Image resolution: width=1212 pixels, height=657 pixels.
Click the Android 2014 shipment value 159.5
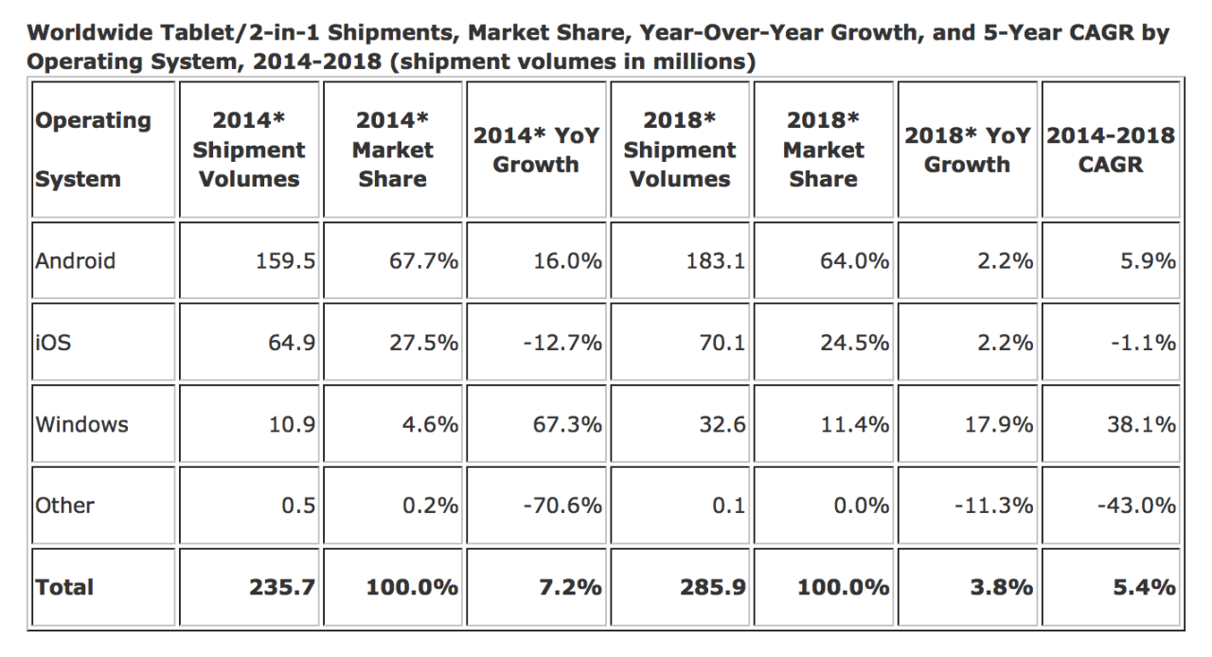[x=285, y=261]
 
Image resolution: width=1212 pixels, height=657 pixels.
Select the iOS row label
[x=53, y=343]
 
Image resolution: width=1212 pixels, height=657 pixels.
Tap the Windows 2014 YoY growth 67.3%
[x=561, y=424]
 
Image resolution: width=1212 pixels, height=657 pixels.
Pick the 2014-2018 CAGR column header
[x=1110, y=150]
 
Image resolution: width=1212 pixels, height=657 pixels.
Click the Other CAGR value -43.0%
[x=1136, y=506]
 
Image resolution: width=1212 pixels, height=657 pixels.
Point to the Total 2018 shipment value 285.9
[x=712, y=588]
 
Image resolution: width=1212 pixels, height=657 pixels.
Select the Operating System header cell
[x=93, y=150]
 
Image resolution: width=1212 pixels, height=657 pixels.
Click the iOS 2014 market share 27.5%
[x=423, y=343]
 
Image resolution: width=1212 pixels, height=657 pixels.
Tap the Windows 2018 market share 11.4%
[x=854, y=424]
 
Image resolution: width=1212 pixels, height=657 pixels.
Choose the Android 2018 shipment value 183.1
[x=716, y=261]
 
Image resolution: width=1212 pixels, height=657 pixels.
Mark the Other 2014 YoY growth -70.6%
[x=561, y=506]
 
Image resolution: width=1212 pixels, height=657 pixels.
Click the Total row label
[x=64, y=588]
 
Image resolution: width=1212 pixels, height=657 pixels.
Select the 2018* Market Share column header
[x=823, y=150]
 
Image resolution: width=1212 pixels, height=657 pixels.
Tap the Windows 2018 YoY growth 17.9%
[x=998, y=424]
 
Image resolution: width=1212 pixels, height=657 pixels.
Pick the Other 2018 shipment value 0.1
[x=728, y=506]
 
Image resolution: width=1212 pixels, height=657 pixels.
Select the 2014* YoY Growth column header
[x=536, y=150]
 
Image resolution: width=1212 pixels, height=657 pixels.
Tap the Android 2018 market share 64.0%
[x=854, y=261]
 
